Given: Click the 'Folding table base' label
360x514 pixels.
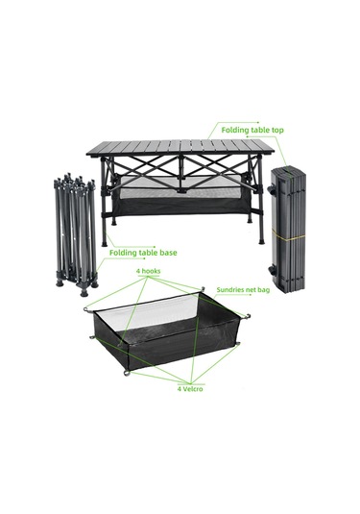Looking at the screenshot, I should tap(143, 253).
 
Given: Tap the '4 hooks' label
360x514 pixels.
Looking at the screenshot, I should tap(148, 273).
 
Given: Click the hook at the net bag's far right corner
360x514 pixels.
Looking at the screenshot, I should tap(248, 318).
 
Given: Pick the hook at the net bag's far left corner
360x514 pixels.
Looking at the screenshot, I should tap(87, 308).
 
